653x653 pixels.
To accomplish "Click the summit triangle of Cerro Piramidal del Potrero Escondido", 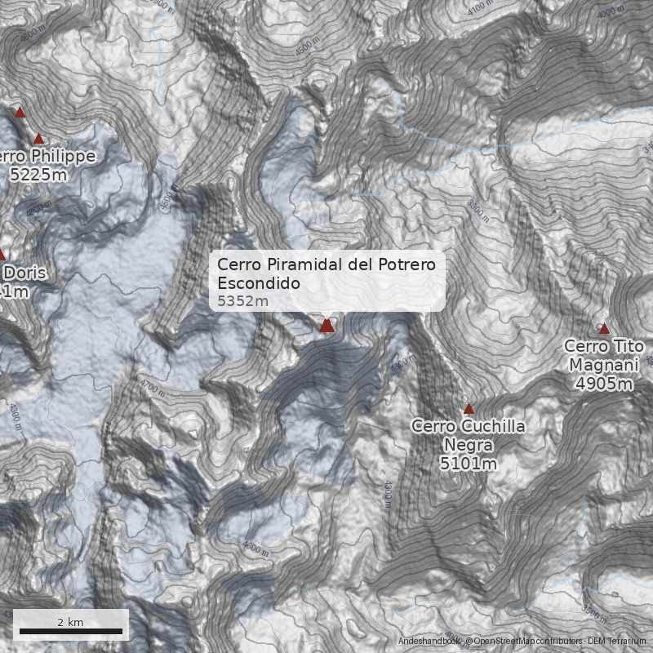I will click(326, 326).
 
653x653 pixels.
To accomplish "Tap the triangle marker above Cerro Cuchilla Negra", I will click(469, 409).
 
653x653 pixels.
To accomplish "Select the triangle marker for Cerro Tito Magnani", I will click(604, 329).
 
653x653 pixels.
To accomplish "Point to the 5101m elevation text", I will click(469, 464).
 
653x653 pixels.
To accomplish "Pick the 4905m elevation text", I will click(604, 383).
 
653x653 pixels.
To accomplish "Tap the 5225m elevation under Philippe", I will click(38, 174).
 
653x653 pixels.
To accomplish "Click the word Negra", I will click(469, 445).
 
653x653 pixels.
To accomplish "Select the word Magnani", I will click(604, 364).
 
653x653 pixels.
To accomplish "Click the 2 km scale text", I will click(70, 622).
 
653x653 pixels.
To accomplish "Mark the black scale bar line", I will click(70, 631).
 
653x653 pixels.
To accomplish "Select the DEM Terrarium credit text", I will click(618, 642).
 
